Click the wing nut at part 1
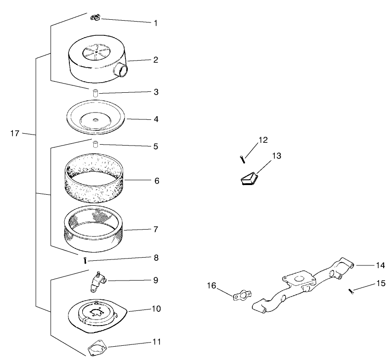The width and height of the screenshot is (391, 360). (x=95, y=18)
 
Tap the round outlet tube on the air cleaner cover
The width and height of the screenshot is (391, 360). (x=121, y=69)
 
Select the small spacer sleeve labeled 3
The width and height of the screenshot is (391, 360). (x=96, y=93)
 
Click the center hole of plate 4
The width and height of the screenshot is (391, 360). (x=96, y=120)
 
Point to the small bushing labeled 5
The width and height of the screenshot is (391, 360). (x=95, y=145)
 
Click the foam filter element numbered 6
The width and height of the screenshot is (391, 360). (x=94, y=178)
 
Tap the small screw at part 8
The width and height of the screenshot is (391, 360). (x=85, y=260)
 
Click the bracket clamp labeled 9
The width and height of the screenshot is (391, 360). (x=98, y=281)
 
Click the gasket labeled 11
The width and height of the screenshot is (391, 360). (x=97, y=348)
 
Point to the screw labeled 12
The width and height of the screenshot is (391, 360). (x=243, y=159)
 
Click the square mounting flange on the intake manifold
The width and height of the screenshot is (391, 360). (x=297, y=280)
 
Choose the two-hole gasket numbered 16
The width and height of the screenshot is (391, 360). (x=242, y=295)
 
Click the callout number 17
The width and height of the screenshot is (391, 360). (x=15, y=134)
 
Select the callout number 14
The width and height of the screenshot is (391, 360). (x=380, y=265)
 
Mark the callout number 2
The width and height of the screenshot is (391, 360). (x=156, y=60)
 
